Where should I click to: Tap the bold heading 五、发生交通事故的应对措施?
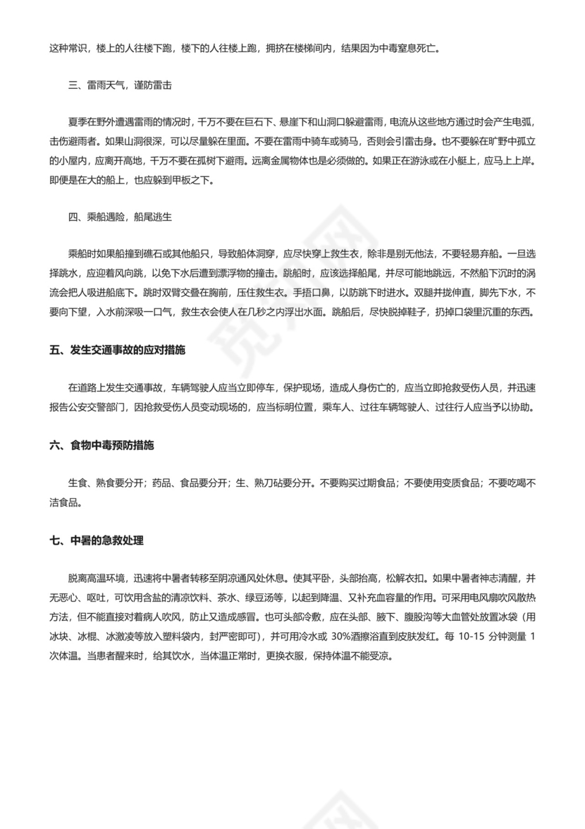118,351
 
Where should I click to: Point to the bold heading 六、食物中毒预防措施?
101,446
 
